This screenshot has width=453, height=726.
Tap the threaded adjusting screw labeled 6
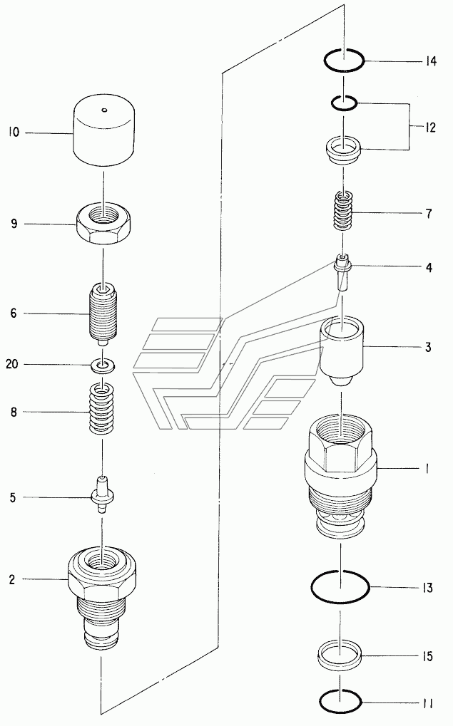tap(103, 314)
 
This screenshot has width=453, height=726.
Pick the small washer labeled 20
tap(103, 365)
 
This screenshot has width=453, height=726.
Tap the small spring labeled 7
tap(343, 210)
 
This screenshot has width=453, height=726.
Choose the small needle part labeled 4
tap(342, 275)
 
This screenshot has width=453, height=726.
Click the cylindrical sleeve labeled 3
tap(342, 351)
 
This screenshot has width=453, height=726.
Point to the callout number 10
tap(14, 133)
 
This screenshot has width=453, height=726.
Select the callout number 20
tap(12, 364)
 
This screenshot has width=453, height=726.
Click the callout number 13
tap(427, 588)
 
